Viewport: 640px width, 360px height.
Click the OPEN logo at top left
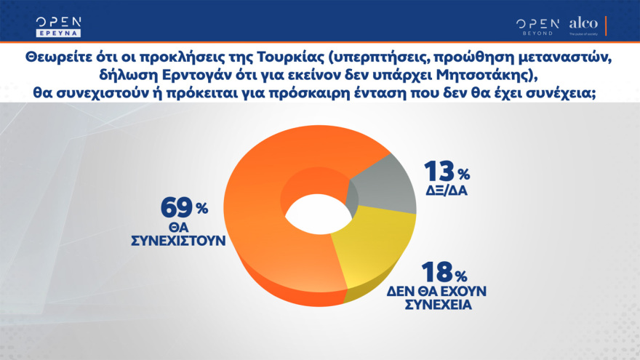coord(59,21)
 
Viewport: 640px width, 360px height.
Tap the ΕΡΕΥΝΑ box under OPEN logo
coord(59,33)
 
